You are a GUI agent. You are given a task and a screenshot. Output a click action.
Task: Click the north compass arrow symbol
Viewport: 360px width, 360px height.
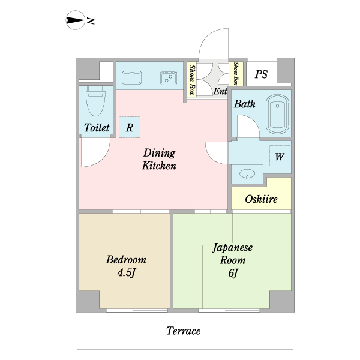point(74,22)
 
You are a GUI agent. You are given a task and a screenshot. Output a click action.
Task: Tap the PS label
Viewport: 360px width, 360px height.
point(261,74)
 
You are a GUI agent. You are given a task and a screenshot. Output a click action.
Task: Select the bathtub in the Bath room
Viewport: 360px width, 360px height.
point(277,113)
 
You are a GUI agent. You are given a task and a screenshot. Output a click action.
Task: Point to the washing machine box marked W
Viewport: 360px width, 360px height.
point(280,157)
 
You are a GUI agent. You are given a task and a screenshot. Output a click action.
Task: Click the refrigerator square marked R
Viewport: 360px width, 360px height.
point(130,127)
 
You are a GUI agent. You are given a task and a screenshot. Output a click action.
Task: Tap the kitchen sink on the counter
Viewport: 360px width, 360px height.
point(131,78)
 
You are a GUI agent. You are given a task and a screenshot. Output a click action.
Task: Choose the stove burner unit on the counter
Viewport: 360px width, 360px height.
point(169,78)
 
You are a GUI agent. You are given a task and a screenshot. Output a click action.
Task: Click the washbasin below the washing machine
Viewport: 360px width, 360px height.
point(247,174)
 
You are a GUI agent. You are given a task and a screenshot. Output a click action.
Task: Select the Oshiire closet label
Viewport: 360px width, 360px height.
point(262,199)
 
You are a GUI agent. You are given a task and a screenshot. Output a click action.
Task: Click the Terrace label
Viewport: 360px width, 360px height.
point(184,331)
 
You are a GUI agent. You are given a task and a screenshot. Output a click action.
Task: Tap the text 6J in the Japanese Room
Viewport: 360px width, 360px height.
point(233,274)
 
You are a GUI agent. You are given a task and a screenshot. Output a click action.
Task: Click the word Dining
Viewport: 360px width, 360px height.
point(158,153)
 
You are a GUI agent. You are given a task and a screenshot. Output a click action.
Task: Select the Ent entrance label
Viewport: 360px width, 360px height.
point(220,91)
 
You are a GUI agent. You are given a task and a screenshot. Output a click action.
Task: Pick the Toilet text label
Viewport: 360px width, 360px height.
point(96,128)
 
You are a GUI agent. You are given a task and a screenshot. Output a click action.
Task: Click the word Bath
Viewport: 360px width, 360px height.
point(244,104)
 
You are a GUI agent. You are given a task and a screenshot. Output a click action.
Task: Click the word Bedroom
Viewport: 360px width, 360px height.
point(126,260)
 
